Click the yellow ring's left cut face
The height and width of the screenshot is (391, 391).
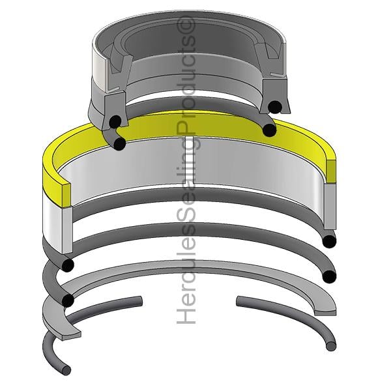[66, 195]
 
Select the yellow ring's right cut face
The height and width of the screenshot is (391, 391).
[331, 171]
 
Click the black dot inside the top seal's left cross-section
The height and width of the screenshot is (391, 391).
[115, 121]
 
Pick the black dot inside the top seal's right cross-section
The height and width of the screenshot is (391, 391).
[275, 106]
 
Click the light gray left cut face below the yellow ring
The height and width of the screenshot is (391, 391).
[67, 229]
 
